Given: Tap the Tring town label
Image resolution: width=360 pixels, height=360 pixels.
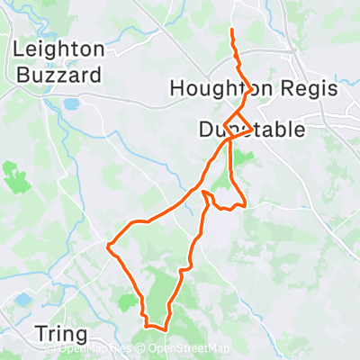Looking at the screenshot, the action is (x=61, y=332).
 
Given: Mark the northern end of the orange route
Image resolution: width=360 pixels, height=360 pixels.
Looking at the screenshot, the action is (x=232, y=31).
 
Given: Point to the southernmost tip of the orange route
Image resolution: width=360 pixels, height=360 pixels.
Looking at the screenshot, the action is (x=165, y=328).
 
